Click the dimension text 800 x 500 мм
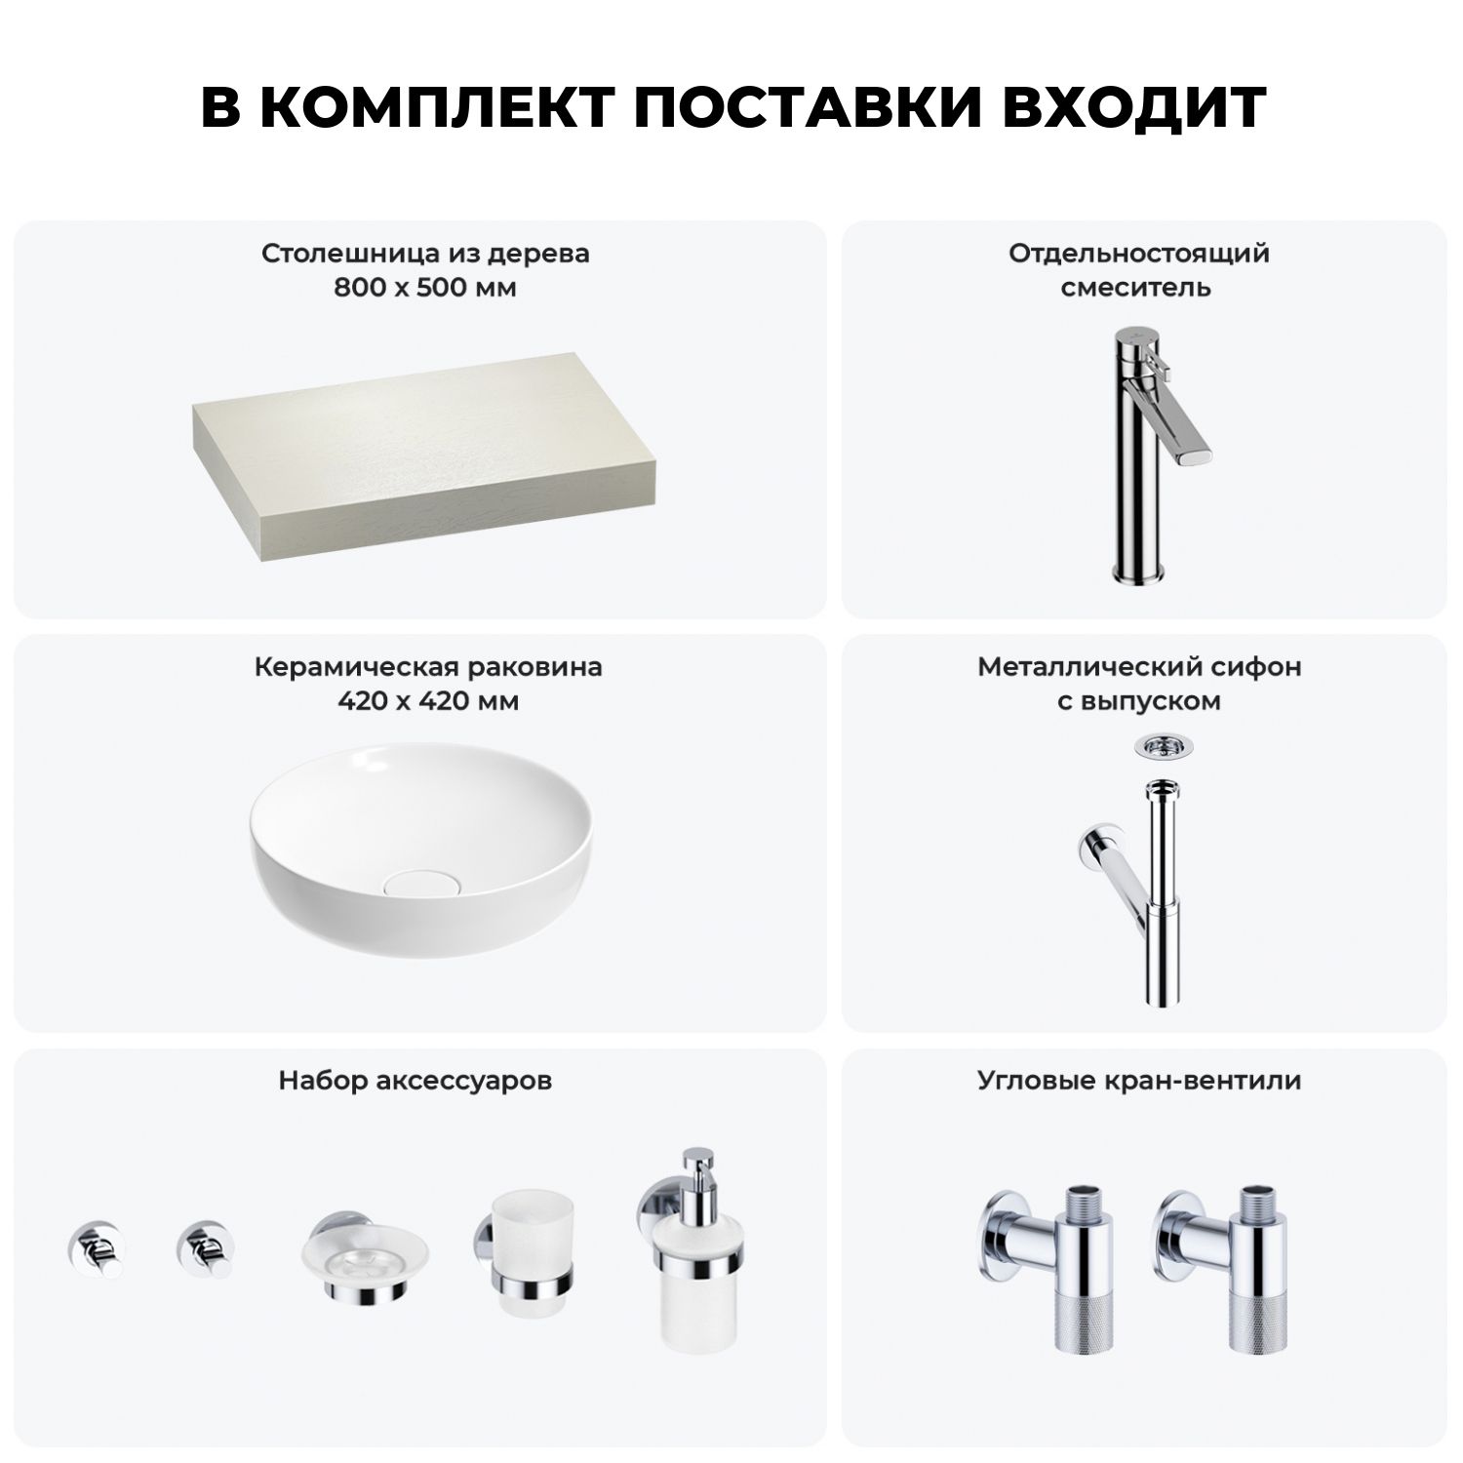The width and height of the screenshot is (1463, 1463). pos(425,288)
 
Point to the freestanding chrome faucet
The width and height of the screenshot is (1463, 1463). pos(1157,455)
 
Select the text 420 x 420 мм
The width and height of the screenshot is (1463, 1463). pos(426,701)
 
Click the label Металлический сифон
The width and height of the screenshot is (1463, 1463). pos(1139,667)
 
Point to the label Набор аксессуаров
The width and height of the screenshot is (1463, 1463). pos(415,1082)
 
